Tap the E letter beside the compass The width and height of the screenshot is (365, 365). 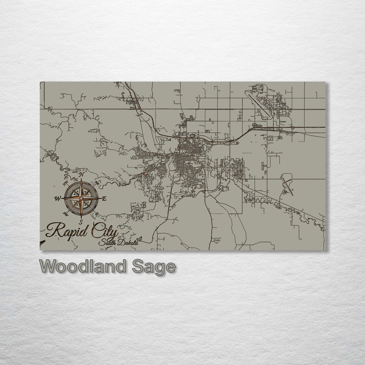pos(104,199)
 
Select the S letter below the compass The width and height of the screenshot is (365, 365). pos(81,222)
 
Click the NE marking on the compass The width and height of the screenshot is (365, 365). pos(97,184)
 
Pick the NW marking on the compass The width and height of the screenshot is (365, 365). pos(66,182)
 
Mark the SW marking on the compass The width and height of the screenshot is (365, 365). pos(66,214)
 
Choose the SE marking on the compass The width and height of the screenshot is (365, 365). pos(96,214)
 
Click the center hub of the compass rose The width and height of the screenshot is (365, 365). pos(81,199)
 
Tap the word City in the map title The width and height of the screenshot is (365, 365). pos(104,230)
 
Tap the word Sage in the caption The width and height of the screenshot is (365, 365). pos(153,267)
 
